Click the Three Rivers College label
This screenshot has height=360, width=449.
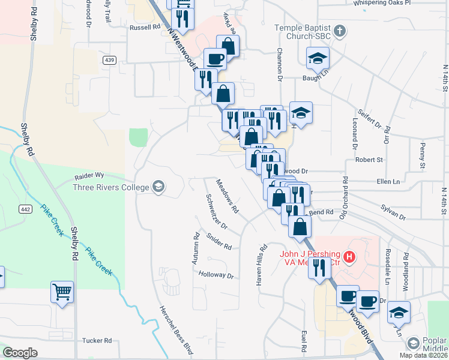coord(111,187)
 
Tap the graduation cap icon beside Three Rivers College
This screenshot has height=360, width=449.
coord(158,187)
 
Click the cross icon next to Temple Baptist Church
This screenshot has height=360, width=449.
coord(340,31)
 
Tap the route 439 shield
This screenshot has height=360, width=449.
coord(109,59)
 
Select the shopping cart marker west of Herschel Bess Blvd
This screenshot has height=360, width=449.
coord(62,292)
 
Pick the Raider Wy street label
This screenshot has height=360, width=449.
coord(89,176)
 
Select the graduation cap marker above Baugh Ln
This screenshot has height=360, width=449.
coord(318,58)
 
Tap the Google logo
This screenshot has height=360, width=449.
coord(20,353)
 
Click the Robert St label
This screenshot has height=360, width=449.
coord(369,160)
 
